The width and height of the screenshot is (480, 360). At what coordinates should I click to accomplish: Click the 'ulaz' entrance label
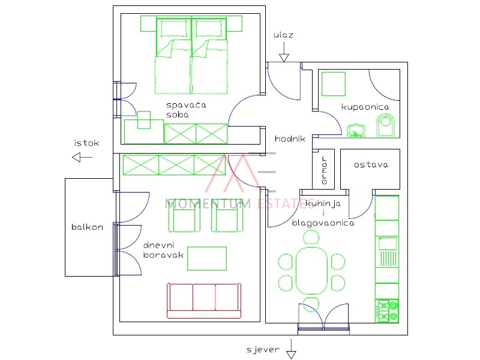pos(283,35)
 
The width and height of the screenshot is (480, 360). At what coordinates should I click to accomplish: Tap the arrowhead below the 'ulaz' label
pos(284,58)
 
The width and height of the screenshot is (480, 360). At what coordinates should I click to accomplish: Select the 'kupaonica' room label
pos(365,107)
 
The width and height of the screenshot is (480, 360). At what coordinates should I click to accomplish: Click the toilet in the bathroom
pos(385,125)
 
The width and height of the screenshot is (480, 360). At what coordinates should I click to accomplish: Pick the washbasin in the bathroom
pos(356,131)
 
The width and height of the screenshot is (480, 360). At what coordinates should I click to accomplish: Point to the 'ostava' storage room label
pos(371,164)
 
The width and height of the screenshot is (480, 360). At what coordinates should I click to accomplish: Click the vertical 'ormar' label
pos(324,170)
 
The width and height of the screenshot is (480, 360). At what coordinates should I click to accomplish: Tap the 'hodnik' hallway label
pos(290,139)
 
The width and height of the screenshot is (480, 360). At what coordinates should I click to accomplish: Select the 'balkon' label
pos(87,227)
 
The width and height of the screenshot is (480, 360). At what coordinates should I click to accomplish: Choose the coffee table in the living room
pos(207,259)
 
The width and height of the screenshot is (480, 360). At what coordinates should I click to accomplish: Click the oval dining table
pos(311,271)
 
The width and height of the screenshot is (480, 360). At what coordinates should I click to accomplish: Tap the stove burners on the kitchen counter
pos(387,311)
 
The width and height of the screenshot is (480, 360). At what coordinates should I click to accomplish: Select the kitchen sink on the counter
pos(388,244)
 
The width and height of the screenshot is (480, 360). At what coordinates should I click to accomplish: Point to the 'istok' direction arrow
pos(82,157)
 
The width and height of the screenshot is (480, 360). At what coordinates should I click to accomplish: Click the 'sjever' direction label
pos(263,349)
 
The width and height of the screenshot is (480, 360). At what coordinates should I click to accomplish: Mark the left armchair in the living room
pos(184,215)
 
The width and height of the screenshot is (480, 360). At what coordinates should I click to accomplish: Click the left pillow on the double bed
pos(174,29)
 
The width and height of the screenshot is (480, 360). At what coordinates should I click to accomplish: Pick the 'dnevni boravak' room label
pos(163,250)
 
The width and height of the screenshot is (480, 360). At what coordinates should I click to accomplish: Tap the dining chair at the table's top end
pos(311,238)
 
